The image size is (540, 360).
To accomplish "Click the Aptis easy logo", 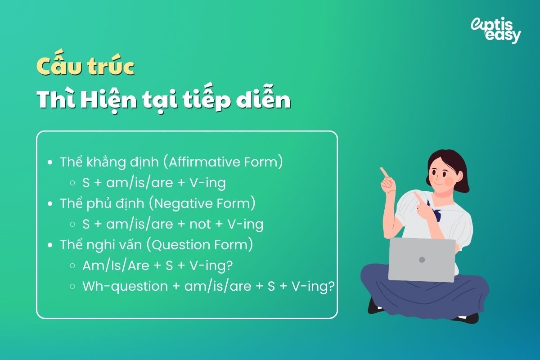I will tap(495, 30).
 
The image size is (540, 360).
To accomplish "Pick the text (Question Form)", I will tap(202, 245).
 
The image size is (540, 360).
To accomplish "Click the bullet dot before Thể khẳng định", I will tap(50, 162).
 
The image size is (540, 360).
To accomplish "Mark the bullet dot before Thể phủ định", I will tap(50, 204).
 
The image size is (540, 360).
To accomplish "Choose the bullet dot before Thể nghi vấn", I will tap(50, 245).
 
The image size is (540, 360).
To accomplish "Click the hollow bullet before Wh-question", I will tap(72, 287).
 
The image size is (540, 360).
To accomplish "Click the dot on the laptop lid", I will tap(422, 260).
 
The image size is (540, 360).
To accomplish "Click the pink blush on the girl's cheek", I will tap(448, 181).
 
